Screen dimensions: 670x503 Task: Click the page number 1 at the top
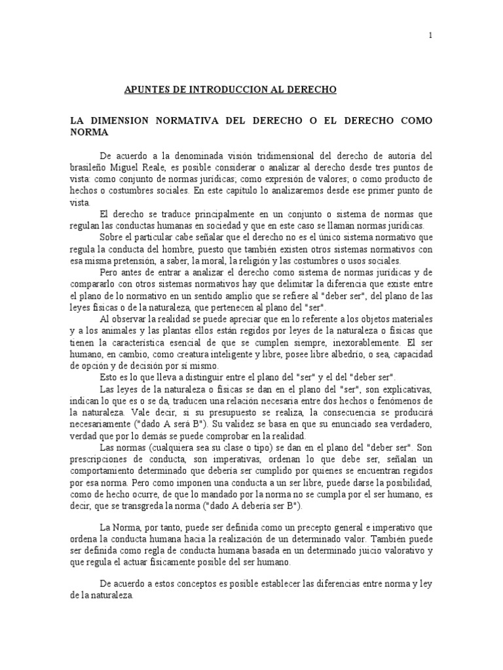pos(430,37)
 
